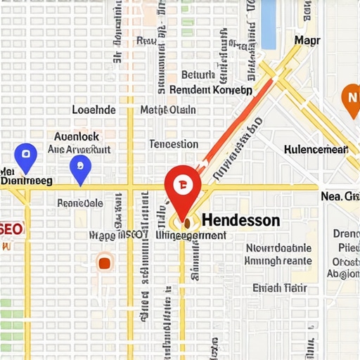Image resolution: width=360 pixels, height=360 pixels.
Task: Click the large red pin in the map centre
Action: coord(183,186)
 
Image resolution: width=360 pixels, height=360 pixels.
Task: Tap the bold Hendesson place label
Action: coord(240,221)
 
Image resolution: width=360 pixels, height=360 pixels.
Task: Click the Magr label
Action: coord(307,41)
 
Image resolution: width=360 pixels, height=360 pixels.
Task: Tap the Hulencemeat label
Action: coord(316,149)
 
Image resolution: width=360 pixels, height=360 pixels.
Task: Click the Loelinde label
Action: coord(94,110)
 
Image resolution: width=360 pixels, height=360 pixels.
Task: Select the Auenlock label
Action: coord(77,136)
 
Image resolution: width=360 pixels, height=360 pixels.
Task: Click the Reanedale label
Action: coord(79,203)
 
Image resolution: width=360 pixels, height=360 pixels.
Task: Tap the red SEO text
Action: coord(12,229)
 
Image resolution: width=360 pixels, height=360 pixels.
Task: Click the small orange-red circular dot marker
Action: coord(105,263)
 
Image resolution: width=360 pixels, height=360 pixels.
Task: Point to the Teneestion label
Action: coord(174,144)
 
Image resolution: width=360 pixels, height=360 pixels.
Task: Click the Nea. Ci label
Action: coord(340,196)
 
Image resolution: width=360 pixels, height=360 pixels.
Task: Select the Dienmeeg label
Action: coord(27,181)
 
